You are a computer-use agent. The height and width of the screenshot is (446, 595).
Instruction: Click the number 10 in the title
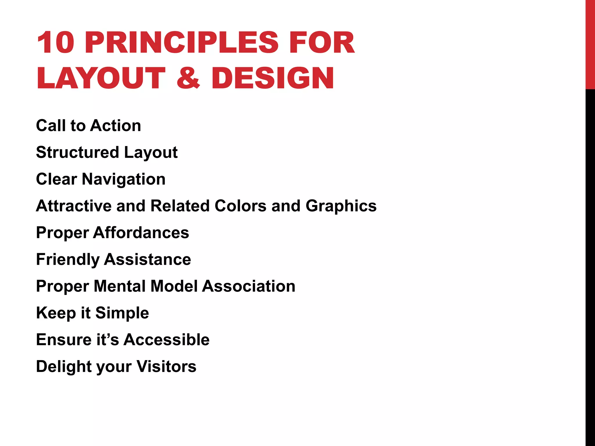tap(55, 43)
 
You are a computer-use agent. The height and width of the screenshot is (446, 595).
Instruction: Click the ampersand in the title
tap(188, 78)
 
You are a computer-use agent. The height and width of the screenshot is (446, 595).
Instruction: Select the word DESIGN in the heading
tap(273, 78)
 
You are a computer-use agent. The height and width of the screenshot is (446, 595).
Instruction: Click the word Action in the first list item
tap(116, 125)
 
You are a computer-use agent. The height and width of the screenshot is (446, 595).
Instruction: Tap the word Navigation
tap(124, 179)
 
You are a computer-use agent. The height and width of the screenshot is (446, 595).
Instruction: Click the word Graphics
tap(341, 206)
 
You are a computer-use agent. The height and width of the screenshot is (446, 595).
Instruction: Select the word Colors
tap(240, 206)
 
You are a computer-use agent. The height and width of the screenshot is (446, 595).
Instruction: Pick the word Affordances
tap(141, 233)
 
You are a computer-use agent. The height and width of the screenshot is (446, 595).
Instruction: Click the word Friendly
tap(67, 260)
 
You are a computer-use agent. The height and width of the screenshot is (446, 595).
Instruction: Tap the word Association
tap(249, 286)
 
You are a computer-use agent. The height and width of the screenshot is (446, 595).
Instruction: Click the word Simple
tap(122, 313)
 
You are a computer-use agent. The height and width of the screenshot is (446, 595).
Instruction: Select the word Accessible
tap(166, 339)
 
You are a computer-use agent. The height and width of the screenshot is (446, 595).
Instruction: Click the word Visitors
tap(166, 366)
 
